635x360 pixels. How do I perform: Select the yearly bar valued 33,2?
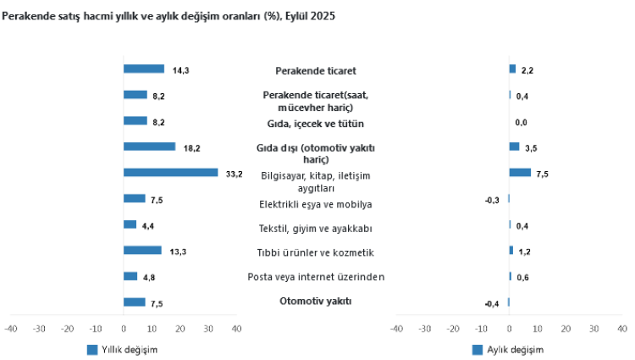[170, 173]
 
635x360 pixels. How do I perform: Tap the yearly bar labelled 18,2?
[149, 147]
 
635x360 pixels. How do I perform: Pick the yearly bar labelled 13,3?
[142, 251]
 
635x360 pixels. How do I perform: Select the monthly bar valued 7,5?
[520, 173]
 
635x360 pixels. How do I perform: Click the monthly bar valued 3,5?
[514, 147]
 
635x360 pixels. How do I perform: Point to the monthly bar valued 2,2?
[512, 69]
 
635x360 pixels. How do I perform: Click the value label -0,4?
[491, 303]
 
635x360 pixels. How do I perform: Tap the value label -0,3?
[491, 200]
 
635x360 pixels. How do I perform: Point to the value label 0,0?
[522, 123]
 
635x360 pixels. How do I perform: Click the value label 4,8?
[146, 277]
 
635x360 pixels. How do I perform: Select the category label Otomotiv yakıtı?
[315, 302]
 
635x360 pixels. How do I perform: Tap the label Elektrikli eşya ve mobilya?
[315, 204]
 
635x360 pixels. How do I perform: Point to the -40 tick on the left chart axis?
[10, 329]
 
